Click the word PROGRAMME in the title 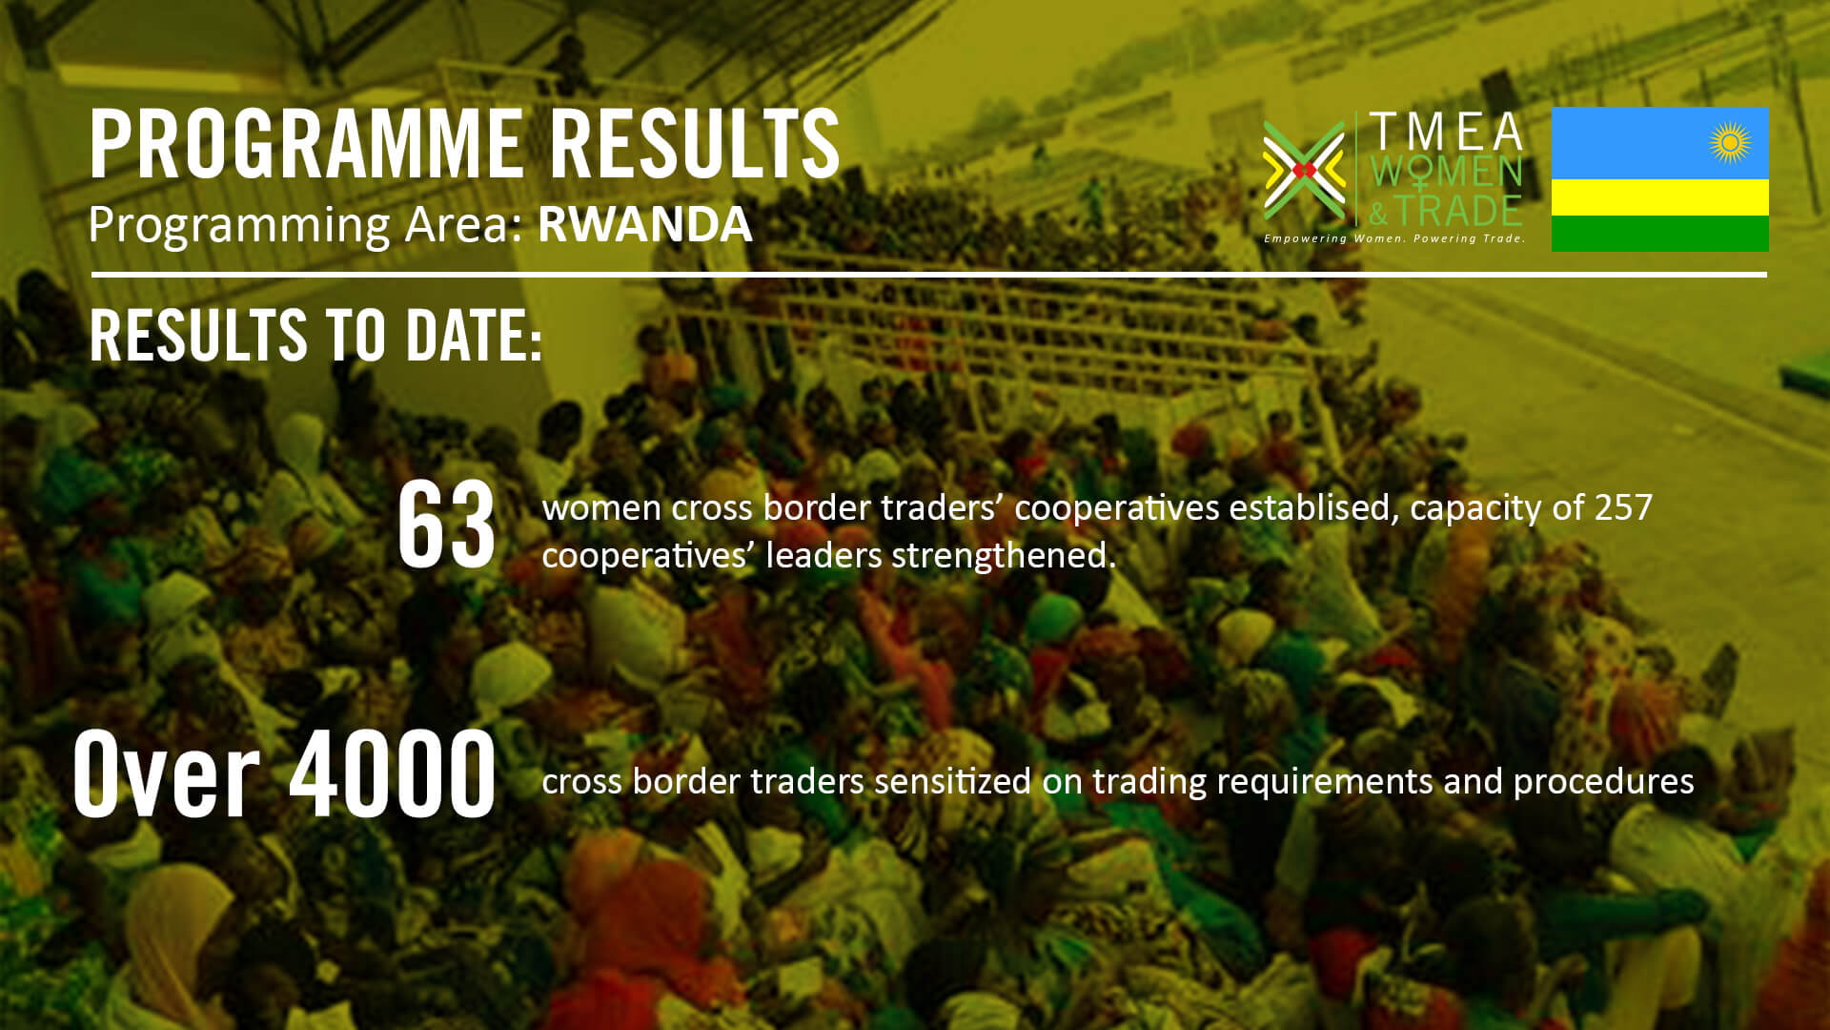click(x=306, y=144)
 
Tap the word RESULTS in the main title click(x=695, y=144)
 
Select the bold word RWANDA click(x=645, y=224)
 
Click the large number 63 click(x=446, y=525)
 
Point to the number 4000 click(x=392, y=773)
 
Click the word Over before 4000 click(x=166, y=773)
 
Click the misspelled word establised click(x=1314, y=507)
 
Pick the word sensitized click(x=952, y=781)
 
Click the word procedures click(x=1603, y=782)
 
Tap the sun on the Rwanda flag click(x=1730, y=143)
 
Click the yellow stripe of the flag click(x=1660, y=197)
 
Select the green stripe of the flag click(x=1660, y=234)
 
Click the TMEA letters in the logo click(x=1446, y=132)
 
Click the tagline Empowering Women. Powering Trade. click(x=1394, y=238)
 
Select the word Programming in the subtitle click(x=239, y=226)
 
